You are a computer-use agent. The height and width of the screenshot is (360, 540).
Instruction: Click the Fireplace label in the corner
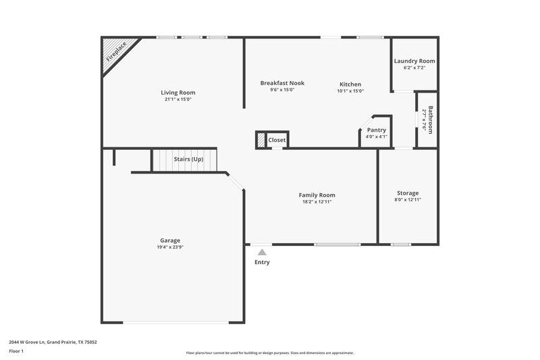tap(118, 53)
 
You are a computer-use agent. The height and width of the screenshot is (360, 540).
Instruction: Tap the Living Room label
tap(178, 93)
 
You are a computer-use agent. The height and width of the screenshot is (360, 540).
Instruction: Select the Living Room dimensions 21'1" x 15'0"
tap(178, 99)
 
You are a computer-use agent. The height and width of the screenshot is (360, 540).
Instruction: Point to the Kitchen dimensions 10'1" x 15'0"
tap(350, 91)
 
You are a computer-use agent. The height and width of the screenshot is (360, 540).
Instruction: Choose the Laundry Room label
tap(414, 61)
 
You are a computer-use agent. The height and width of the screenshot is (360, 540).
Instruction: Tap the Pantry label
tap(377, 130)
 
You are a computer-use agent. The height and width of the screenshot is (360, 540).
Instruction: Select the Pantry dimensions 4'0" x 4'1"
tap(377, 136)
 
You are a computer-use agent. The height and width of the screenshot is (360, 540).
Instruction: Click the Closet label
tap(277, 140)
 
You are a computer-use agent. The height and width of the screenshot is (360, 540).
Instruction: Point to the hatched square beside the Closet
tap(261, 139)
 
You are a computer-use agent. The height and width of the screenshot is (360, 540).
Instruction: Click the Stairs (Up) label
tap(188, 159)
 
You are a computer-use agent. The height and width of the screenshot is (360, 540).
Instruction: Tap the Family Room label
tap(317, 195)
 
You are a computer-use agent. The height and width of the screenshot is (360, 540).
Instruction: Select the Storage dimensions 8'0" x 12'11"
tap(408, 200)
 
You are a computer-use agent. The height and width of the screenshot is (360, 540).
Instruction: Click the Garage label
tap(170, 240)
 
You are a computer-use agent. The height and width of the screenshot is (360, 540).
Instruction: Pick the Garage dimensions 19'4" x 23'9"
tap(170, 247)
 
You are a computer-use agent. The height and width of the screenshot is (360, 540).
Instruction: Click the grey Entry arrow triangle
tap(262, 252)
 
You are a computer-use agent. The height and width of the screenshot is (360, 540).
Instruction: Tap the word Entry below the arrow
tap(262, 262)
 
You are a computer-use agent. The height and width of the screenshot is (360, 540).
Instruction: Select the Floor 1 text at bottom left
tap(16, 352)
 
